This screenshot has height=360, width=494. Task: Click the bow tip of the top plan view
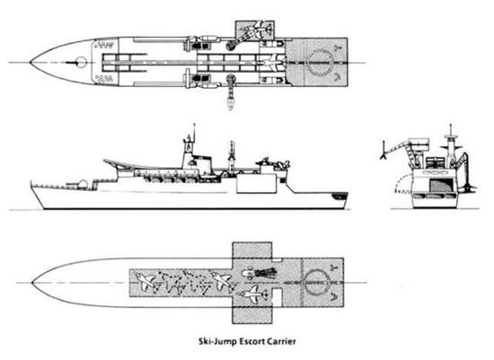tap(31, 62)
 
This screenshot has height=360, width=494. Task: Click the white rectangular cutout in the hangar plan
tap(277, 297)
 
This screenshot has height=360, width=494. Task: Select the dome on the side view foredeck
tap(83, 184)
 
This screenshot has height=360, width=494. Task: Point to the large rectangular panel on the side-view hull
tap(256, 184)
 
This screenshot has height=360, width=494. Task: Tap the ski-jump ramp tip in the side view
tap(104, 161)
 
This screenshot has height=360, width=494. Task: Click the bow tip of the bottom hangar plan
tap(32, 283)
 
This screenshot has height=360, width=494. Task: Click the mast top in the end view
tap(451, 127)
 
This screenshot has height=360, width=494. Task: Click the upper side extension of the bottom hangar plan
tap(251, 250)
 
